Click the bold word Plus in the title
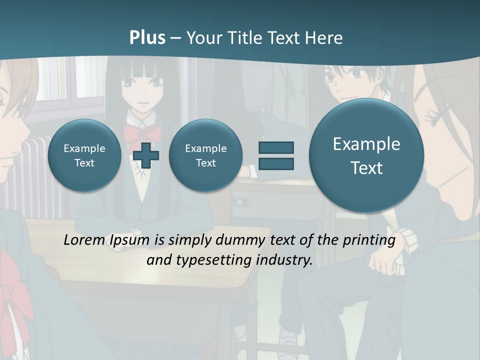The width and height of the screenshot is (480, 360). (147, 38)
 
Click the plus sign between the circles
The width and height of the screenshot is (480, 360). (146, 155)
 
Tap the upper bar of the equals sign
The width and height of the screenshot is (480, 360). (276, 147)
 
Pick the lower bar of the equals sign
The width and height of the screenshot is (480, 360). (276, 163)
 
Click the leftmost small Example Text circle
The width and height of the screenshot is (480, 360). (84, 155)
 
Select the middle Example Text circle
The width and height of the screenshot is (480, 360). (205, 155)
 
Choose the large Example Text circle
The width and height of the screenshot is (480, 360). (366, 155)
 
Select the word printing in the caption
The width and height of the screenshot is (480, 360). (369, 240)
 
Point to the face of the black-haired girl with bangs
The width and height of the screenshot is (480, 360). (142, 90)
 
